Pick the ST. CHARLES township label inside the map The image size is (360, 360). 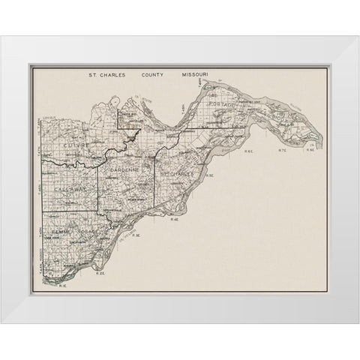[178, 174]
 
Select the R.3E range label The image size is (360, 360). [136, 235]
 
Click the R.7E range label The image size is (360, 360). [282, 152]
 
